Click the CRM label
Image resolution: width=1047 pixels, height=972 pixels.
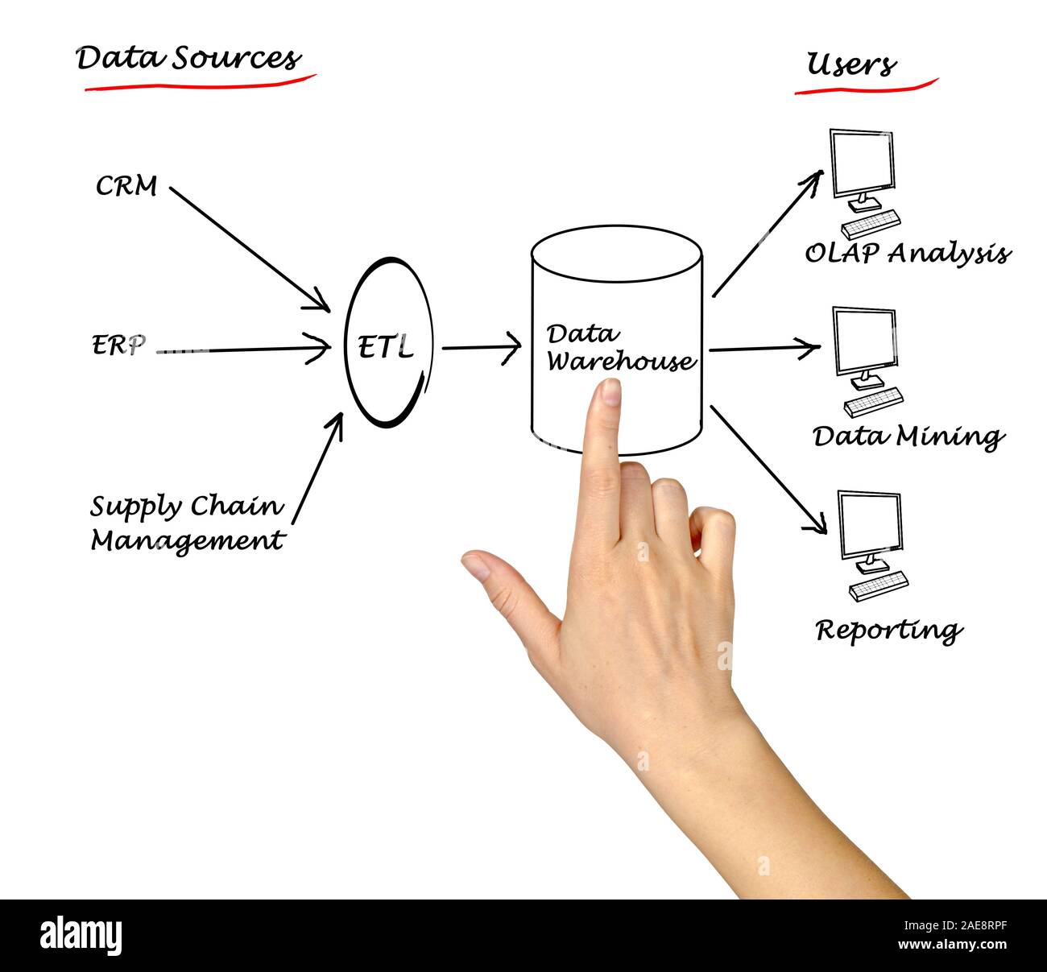126,187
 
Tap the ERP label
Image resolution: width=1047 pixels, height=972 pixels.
118,346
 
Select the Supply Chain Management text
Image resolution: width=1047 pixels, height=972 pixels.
187,523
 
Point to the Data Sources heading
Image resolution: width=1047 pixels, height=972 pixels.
188,59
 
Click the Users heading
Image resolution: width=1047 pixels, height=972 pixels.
851,64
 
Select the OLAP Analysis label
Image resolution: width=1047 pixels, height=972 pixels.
907,254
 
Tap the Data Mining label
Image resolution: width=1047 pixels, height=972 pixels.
908,437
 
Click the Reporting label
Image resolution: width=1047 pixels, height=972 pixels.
888,630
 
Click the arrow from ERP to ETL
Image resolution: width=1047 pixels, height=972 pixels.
242,350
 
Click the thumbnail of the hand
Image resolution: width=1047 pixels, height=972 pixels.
477,567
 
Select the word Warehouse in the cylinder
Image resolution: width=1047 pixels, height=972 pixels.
620,361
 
